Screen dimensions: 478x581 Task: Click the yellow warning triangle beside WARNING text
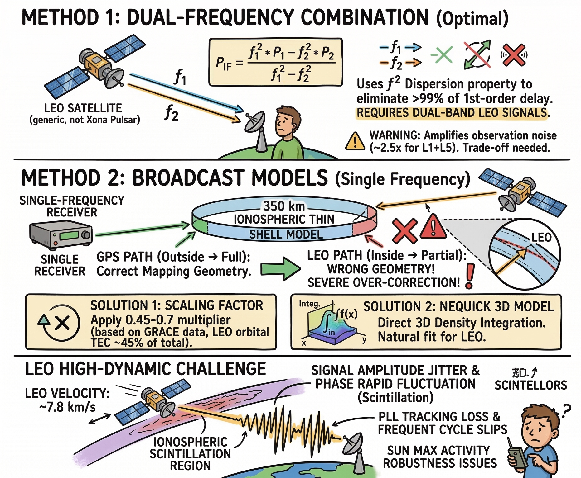click(x=355, y=142)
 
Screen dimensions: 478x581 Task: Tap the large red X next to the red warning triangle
click(x=404, y=231)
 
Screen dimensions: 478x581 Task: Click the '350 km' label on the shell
click(x=283, y=206)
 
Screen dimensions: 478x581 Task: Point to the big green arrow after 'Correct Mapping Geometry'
click(x=280, y=269)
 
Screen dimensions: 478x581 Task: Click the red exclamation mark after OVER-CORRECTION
click(x=470, y=276)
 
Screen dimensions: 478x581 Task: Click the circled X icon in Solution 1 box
click(x=62, y=323)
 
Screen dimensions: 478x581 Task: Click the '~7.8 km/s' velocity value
click(x=68, y=407)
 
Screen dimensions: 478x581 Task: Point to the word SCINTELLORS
click(x=531, y=386)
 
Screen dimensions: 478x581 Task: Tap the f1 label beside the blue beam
click(x=180, y=77)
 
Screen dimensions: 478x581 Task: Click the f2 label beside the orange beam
click(x=171, y=112)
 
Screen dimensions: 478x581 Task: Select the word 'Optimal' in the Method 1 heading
click(x=472, y=19)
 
